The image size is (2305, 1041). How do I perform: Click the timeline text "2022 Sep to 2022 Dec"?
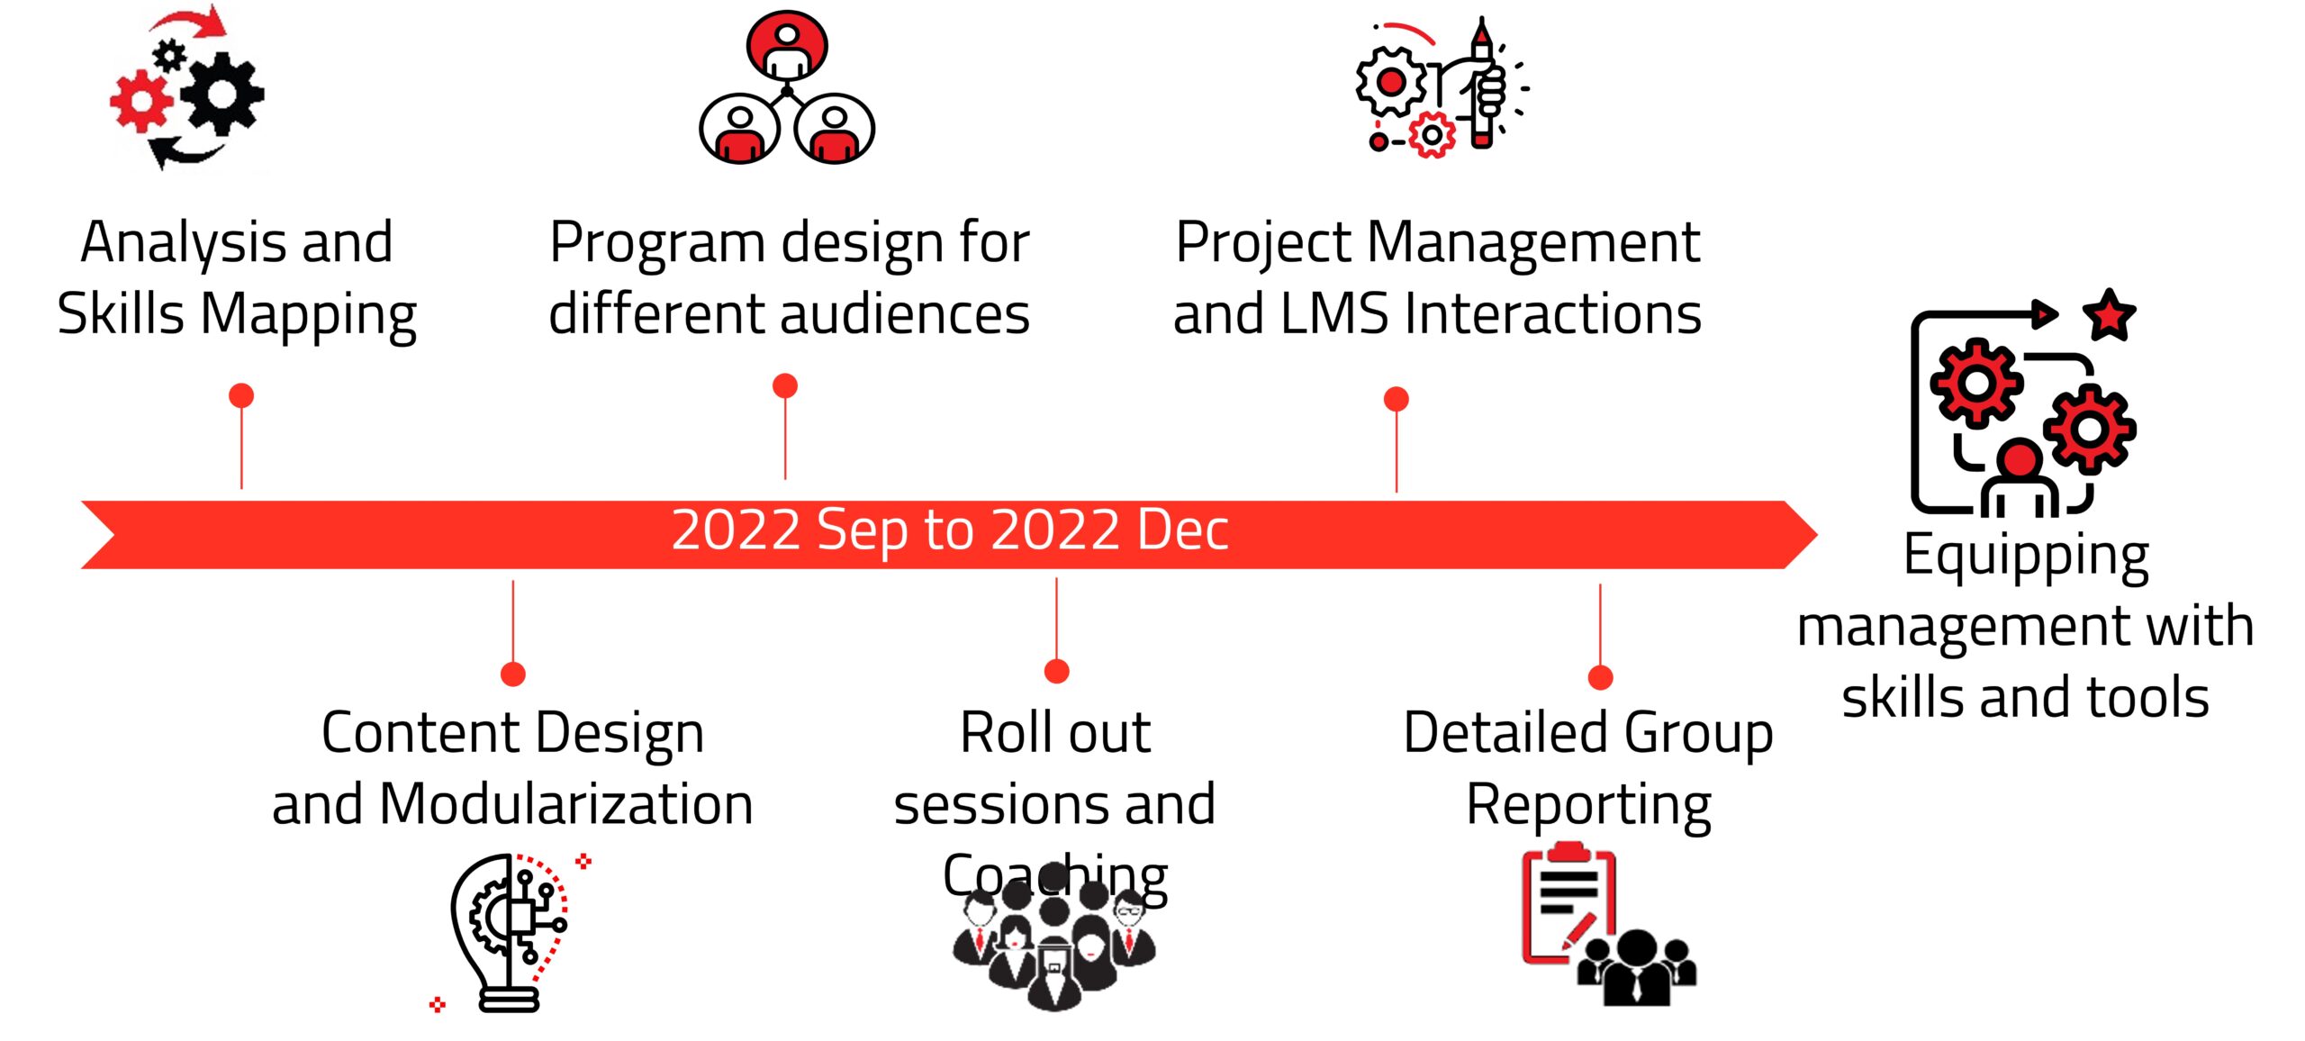950,530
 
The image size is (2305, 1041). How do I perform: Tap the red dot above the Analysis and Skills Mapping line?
241,395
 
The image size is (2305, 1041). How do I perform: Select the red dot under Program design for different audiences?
785,386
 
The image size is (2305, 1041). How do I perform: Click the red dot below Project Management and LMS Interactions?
1397,399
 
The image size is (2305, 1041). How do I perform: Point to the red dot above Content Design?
513,674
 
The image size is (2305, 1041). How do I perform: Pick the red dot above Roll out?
1057,672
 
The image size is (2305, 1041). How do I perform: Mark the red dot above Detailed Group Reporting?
1600,677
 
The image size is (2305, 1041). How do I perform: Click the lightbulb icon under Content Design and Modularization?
509,933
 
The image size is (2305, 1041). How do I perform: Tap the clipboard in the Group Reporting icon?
1568,904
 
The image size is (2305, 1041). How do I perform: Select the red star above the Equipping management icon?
2110,315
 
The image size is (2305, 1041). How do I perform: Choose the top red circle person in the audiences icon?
787,46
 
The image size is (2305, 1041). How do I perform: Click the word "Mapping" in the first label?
308,316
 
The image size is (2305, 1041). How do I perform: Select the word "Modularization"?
566,803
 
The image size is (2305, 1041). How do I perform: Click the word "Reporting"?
1589,805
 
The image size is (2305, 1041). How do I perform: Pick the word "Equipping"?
2026,557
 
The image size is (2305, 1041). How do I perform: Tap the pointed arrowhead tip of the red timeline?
1816,535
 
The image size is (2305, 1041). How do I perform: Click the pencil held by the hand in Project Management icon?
1481,83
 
